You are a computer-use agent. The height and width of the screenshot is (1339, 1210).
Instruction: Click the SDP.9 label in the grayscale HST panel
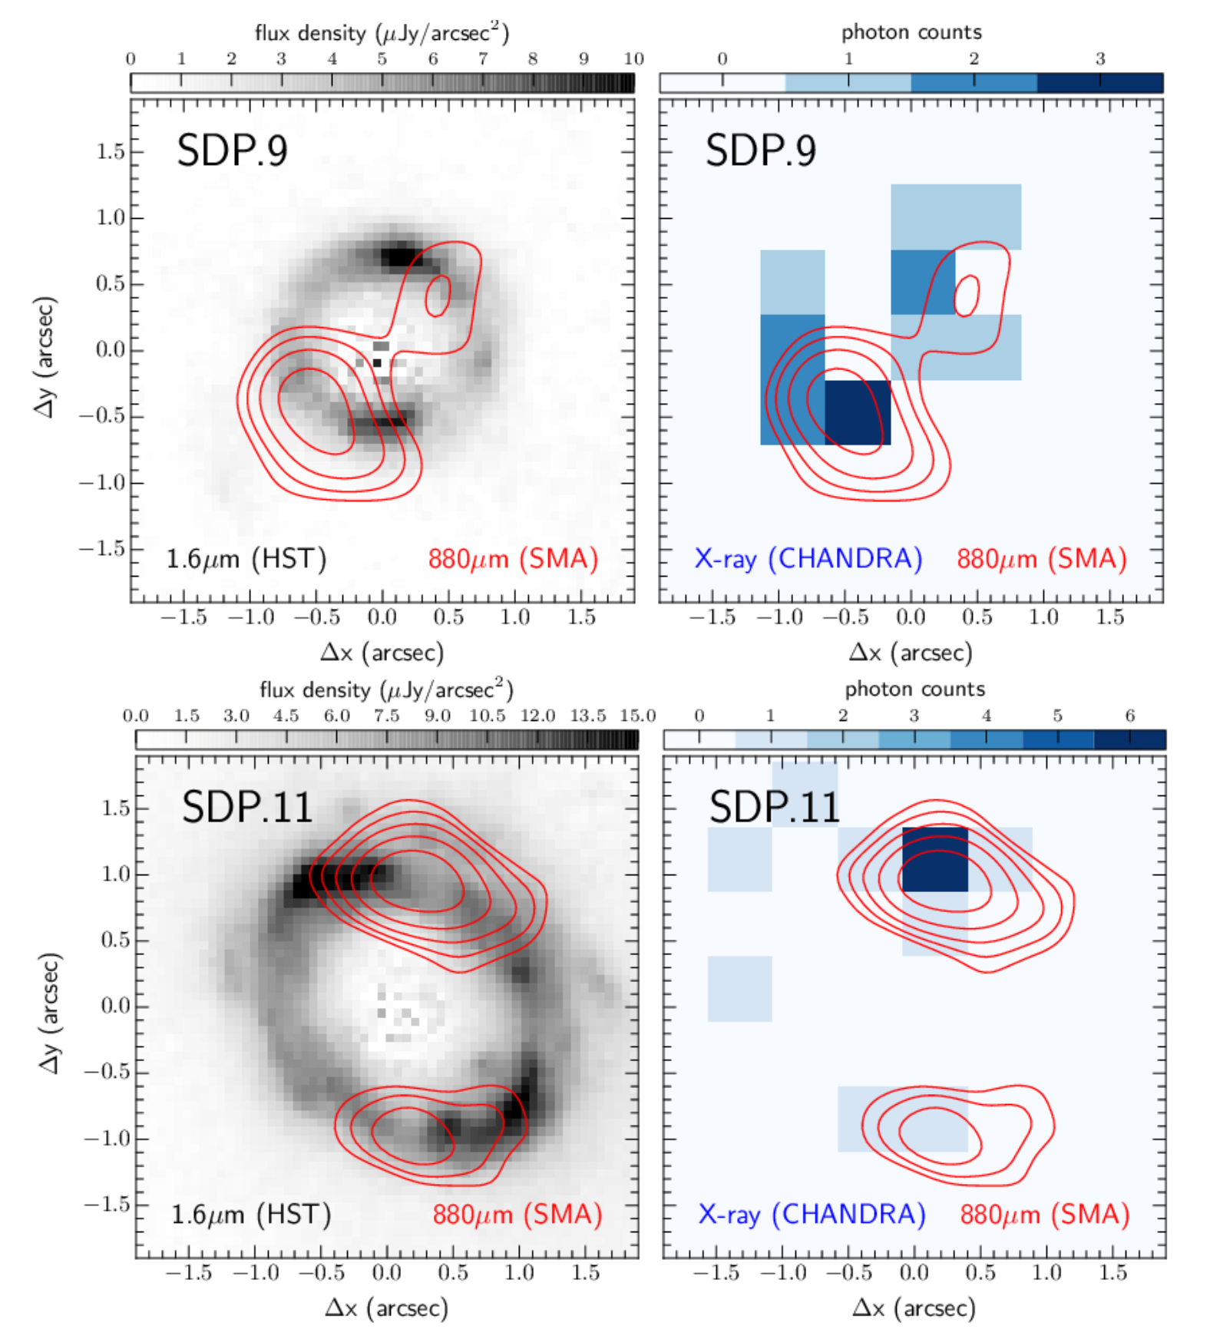(x=232, y=150)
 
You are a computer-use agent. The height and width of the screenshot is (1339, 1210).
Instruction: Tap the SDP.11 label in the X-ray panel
(x=774, y=807)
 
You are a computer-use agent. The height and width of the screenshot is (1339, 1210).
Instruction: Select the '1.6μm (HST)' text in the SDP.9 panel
(x=246, y=559)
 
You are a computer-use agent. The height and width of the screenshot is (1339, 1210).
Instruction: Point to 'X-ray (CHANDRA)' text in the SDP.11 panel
(x=812, y=1215)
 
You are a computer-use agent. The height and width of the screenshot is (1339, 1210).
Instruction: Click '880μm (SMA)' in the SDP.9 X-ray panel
(x=1041, y=559)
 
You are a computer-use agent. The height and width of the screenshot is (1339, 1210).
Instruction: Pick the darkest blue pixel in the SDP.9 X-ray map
(x=858, y=412)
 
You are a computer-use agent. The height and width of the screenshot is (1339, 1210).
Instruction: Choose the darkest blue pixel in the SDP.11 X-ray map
(x=934, y=859)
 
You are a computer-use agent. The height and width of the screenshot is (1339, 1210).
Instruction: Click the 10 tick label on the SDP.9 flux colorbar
(x=633, y=59)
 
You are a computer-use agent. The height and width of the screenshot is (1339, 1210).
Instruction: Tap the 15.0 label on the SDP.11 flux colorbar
(x=638, y=716)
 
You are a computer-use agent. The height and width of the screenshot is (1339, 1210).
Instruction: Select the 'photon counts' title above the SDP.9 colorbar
(x=911, y=32)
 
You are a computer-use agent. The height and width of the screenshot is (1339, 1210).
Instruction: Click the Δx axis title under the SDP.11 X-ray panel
(x=914, y=1308)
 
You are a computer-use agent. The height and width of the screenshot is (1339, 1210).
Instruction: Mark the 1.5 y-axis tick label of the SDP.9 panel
(x=110, y=151)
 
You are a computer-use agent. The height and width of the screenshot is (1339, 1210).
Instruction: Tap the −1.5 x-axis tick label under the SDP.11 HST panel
(x=188, y=1273)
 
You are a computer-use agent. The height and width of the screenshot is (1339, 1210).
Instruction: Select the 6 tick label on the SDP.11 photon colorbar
(x=1129, y=716)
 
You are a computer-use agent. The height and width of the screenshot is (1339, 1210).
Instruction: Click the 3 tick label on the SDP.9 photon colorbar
(x=1100, y=59)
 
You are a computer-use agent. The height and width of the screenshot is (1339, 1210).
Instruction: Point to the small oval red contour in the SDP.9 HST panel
(x=438, y=296)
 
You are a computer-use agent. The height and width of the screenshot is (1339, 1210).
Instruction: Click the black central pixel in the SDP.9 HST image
(x=377, y=363)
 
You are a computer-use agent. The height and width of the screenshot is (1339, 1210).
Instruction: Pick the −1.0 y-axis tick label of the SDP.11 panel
(x=105, y=1139)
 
